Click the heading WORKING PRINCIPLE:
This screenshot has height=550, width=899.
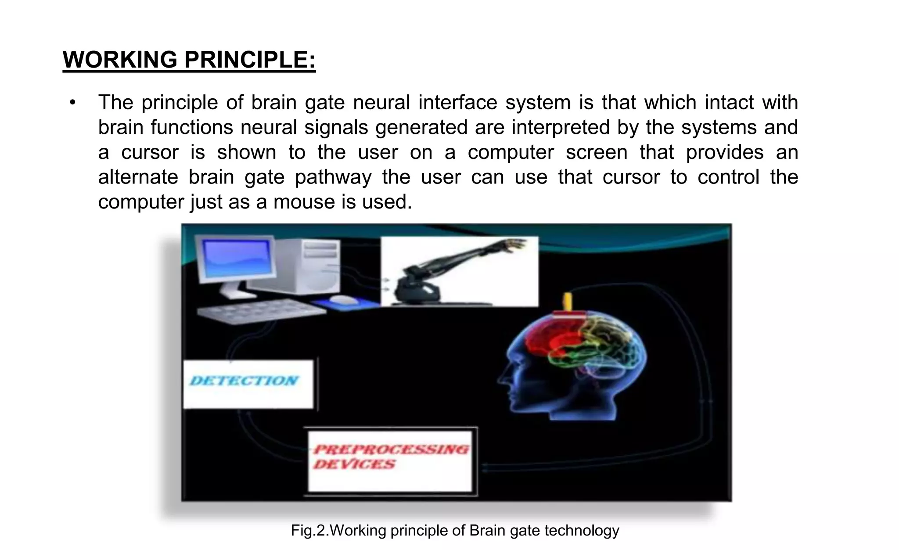coord(189,60)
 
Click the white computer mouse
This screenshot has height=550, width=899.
coord(344,299)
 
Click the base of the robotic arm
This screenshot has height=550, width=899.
coord(415,290)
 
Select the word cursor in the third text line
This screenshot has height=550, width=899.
coord(150,153)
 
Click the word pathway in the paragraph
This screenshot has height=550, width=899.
coord(333,178)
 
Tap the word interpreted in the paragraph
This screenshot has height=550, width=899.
coord(561,128)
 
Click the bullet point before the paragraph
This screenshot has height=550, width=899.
coord(72,103)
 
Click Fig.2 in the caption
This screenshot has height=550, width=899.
coord(309,531)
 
